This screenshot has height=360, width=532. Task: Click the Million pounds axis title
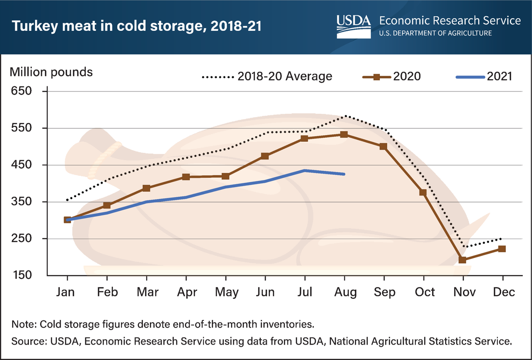(x=51, y=72)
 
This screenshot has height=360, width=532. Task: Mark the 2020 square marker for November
(x=462, y=260)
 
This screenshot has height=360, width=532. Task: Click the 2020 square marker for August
(x=344, y=134)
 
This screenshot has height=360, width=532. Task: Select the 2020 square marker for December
(x=502, y=249)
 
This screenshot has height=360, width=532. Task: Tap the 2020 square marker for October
(x=423, y=192)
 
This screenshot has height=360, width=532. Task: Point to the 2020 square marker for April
(x=186, y=177)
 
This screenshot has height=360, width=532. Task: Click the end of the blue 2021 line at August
(x=344, y=174)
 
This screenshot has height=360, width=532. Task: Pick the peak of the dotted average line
(x=344, y=116)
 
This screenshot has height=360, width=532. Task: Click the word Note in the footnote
(x=22, y=324)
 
